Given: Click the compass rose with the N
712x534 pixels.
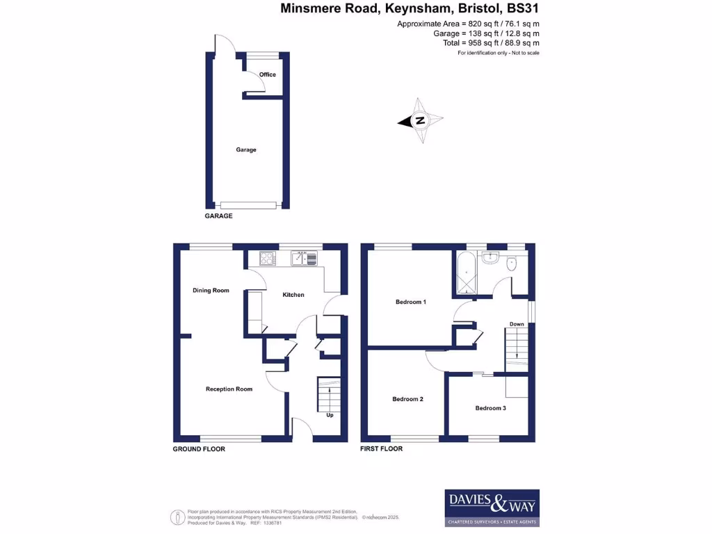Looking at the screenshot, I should pos(421,121).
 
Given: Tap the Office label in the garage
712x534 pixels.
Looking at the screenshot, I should pos(267,74).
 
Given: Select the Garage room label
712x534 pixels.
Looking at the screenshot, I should pos(246,149).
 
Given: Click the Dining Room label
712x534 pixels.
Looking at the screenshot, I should pos(211,291).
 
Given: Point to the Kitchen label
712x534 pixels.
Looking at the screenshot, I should pos(293,295).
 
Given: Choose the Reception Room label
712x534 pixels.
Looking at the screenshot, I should pos(229,389).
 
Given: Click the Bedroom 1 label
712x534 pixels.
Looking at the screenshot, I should pos(410,302).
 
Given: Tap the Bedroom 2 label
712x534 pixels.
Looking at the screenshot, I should pos(407,399).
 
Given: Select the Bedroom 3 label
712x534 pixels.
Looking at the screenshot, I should pos(490,408).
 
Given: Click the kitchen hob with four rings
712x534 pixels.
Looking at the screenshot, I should pos(268,259).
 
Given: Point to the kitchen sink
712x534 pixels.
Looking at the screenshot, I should pos(304,259).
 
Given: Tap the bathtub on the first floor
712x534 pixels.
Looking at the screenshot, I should pos(464,273).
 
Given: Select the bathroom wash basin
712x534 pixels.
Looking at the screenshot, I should pos(491,257).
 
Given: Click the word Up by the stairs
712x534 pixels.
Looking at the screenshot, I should pos(330,416).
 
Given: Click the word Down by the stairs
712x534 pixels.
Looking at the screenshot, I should pos(517,324).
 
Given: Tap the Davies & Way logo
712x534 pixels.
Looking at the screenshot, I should pos(492,508).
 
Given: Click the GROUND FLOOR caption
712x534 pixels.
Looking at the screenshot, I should pos(199,449).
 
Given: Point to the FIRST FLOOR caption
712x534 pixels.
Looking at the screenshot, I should pos(381,449).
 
